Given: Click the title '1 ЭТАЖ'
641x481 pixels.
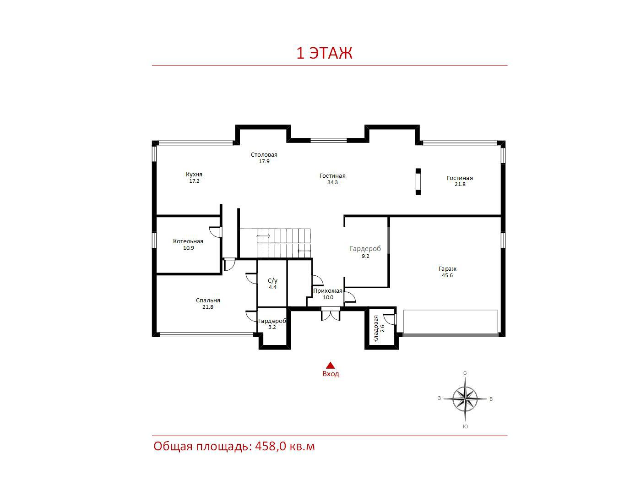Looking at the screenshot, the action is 324,53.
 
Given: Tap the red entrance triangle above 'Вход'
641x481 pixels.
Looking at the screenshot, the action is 330,366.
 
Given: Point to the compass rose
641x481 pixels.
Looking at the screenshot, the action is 465,399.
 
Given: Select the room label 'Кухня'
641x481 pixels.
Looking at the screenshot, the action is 194,175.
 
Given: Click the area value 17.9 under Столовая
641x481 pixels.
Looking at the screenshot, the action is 264,161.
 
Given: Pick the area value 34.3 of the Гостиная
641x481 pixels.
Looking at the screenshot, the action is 332,182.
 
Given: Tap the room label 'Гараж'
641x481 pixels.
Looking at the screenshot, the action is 447,269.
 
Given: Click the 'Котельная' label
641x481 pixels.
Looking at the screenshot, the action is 188,241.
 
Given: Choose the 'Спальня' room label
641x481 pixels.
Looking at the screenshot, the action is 208,300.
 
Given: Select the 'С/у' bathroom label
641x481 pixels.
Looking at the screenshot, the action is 272,281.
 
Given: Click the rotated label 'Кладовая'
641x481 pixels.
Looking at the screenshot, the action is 376,329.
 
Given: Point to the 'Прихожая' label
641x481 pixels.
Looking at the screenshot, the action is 328,291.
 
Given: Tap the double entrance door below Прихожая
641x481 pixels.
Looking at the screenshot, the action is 331,314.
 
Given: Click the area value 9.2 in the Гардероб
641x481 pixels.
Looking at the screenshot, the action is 365,256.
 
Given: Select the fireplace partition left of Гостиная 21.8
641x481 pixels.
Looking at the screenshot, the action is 418,182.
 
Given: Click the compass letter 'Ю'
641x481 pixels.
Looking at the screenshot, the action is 466,426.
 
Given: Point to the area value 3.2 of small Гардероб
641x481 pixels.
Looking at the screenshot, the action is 272,327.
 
